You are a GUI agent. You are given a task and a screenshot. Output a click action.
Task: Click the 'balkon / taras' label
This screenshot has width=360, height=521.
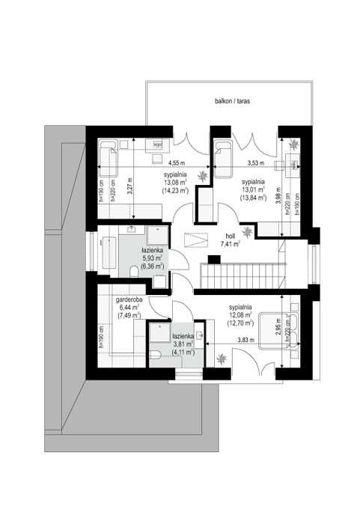pos(232,101)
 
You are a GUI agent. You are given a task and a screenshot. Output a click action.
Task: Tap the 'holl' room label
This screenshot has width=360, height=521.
pos(231,236)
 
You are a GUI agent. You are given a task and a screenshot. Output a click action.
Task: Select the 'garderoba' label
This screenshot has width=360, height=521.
pos(129,299)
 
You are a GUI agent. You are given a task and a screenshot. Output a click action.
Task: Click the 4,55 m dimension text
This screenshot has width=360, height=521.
pos(177,163)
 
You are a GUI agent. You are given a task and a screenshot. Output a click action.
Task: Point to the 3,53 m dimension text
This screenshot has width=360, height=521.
pos(256,163)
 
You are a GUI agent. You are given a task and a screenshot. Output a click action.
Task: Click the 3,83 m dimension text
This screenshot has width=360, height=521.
pos(246,340)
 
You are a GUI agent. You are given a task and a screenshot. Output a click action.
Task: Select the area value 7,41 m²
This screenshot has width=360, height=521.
pos(231,244)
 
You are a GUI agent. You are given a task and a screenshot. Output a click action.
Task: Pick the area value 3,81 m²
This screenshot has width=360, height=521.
pos(183,344)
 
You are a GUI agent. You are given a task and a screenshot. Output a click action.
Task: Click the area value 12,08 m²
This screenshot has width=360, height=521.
pos(240,314)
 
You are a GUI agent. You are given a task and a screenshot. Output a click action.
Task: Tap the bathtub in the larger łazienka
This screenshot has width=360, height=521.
pos(109,253)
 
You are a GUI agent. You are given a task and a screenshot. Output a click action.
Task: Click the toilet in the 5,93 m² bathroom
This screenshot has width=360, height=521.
pos(135,272)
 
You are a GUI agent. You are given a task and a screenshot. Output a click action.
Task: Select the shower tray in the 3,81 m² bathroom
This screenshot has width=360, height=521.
pos(159,333)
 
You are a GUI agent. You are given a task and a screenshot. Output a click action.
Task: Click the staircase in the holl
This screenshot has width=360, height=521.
pos(243,275)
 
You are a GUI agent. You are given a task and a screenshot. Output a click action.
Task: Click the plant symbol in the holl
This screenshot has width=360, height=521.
pos(247,231)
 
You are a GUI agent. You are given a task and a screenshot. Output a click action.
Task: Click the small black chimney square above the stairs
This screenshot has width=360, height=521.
pos(214,259)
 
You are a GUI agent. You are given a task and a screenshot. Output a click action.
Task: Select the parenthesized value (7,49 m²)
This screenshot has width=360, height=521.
pos(129,315)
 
